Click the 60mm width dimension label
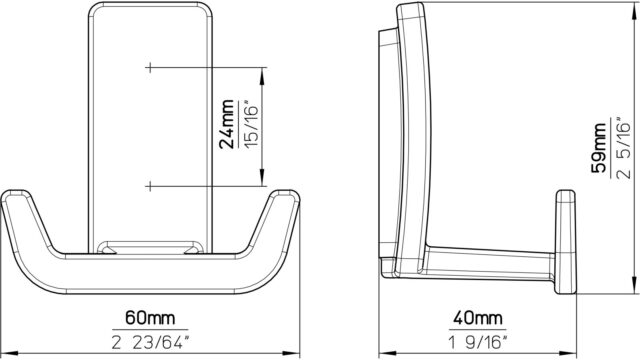tap(150, 317)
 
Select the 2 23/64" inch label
tap(151, 342)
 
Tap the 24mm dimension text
tap(227, 124)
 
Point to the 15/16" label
tap(251, 124)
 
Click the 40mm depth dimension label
tap(478, 317)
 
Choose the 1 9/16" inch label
tap(478, 342)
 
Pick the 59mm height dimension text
tap(599, 148)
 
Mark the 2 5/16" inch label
tap(624, 148)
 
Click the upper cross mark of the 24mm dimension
tap(150, 67)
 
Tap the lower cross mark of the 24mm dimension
tap(150, 187)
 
